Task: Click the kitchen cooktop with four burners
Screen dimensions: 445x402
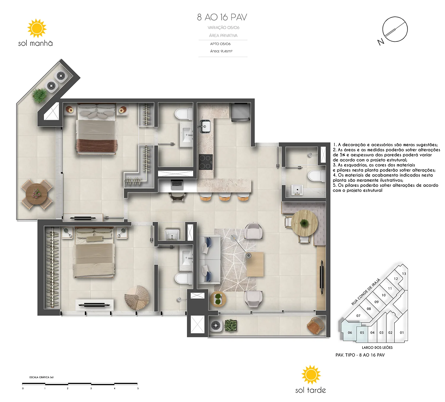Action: click(x=206, y=162)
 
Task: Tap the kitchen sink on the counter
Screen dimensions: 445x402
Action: click(x=205, y=126)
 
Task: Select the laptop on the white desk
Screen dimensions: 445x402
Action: click(x=177, y=185)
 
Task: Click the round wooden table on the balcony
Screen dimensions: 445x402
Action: click(x=36, y=194)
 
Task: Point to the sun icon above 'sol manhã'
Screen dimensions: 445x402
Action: click(x=37, y=28)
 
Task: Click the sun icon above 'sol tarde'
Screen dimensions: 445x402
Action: click(x=311, y=374)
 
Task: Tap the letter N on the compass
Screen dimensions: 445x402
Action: click(x=381, y=42)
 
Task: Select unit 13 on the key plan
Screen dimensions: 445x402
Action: click(x=404, y=274)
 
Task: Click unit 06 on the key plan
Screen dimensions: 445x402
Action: click(x=350, y=332)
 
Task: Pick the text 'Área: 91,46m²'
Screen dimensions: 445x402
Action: click(x=221, y=51)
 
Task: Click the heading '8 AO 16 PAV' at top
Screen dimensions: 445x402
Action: click(x=222, y=17)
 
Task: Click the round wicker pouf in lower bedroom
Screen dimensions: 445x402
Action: click(x=137, y=298)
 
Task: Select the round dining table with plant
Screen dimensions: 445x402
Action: click(x=304, y=223)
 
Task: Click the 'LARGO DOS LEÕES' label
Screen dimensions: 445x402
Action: click(x=377, y=347)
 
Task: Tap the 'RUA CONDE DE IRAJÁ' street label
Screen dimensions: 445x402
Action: click(x=366, y=292)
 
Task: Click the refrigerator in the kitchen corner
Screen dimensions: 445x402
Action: click(x=241, y=112)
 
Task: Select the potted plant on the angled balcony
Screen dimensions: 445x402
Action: click(x=40, y=95)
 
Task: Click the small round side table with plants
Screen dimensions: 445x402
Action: click(x=218, y=299)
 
